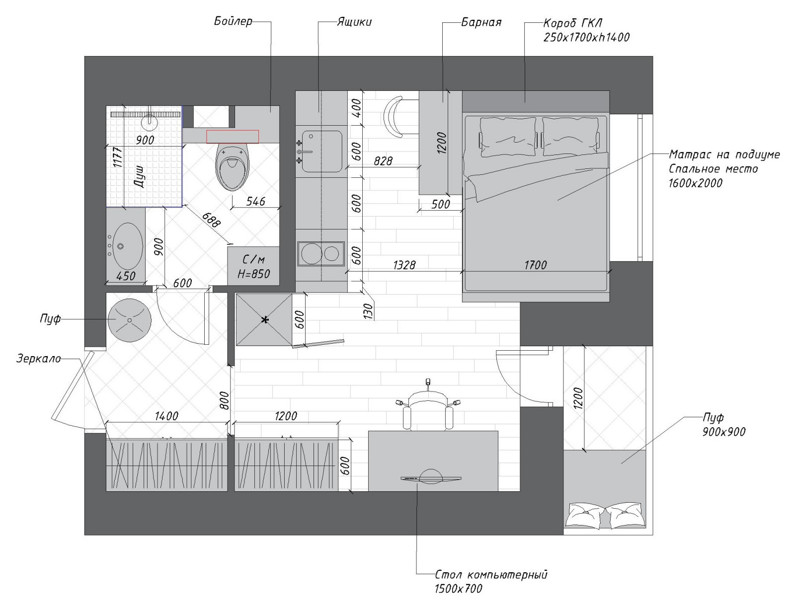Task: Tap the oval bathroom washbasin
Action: click(128, 246)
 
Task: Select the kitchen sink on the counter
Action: click(322, 152)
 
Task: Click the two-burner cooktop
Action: click(321, 253)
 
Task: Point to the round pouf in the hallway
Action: click(130, 320)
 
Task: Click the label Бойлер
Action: click(233, 21)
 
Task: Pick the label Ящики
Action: click(354, 22)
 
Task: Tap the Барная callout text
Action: click(481, 22)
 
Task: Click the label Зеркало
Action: click(38, 359)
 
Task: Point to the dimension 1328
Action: click(404, 264)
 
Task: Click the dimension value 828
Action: click(383, 160)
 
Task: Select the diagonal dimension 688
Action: click(212, 220)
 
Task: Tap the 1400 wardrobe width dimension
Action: click(166, 416)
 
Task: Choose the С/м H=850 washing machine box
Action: click(253, 266)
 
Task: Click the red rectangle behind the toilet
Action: click(233, 137)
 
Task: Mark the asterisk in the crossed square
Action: click(265, 320)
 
